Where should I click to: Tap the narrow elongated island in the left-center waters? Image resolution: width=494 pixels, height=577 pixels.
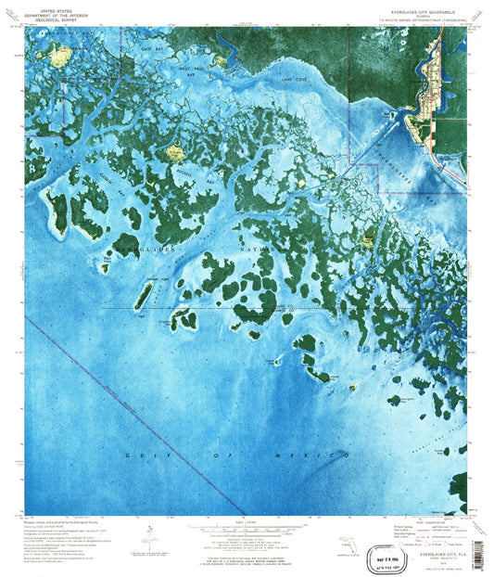(x=145, y=297)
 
